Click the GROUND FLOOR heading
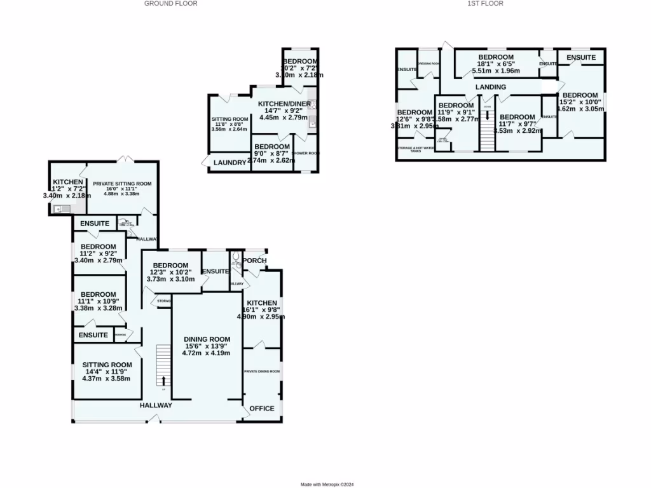(x=170, y=4)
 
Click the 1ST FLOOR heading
(x=485, y=4)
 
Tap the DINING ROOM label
(x=206, y=339)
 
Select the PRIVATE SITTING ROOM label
(x=122, y=184)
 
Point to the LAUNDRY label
(x=230, y=163)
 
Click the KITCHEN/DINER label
(x=284, y=104)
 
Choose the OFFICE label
(x=262, y=408)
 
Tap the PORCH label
(x=255, y=261)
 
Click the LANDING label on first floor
(x=491, y=87)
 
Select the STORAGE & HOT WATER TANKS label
(x=416, y=149)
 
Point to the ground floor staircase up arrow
(x=163, y=380)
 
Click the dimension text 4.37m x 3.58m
(x=106, y=379)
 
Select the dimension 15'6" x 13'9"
(x=206, y=346)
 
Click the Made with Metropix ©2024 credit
(x=327, y=484)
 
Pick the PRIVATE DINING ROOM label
(x=262, y=371)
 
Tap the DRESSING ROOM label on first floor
(x=428, y=64)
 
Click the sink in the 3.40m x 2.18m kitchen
(x=58, y=208)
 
